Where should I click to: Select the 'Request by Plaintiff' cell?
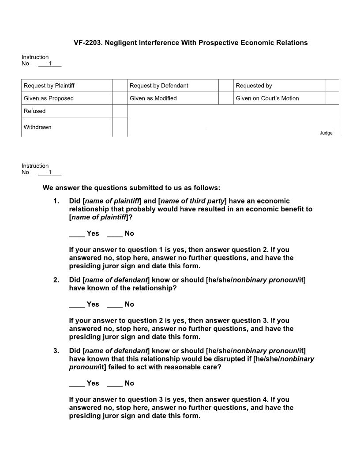tap(52, 86)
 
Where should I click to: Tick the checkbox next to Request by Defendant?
tap(226, 86)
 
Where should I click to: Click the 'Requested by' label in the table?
tap(254, 86)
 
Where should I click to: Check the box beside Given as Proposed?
tap(120, 98)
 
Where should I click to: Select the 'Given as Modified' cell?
tap(153, 98)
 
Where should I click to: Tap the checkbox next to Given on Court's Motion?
tap(332, 98)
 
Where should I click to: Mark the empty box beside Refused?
tap(120, 111)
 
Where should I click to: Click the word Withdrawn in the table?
tap(37, 127)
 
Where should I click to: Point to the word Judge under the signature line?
tap(326, 133)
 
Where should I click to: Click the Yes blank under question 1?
tap(77, 234)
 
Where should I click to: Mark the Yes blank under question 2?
tap(77, 304)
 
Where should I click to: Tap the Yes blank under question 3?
tap(77, 383)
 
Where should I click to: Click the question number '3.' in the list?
tap(56, 351)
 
